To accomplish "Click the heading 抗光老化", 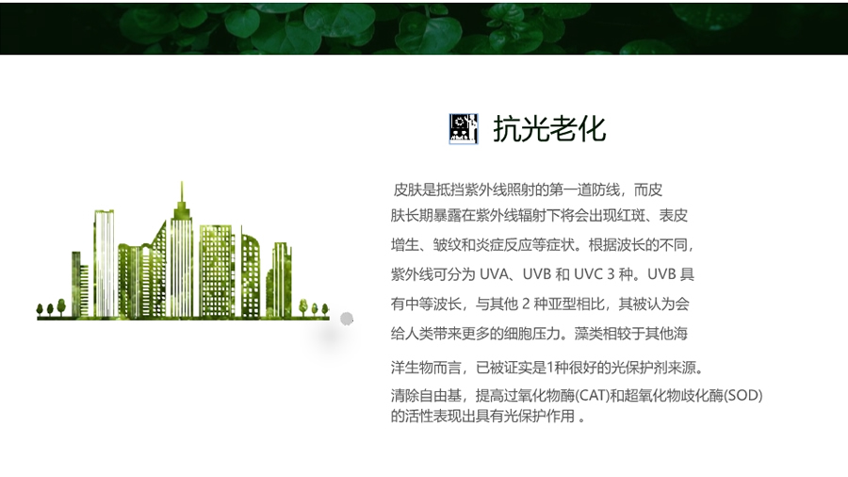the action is [x=549, y=129].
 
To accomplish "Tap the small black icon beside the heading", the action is [x=464, y=129].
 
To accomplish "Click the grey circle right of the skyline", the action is [x=347, y=319].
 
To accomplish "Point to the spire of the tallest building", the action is [x=182, y=193].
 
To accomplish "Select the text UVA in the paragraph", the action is [x=493, y=274].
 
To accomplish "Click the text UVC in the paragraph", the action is [x=588, y=274].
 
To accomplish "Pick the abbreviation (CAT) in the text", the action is [x=592, y=395].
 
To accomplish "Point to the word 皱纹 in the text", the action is [x=448, y=245].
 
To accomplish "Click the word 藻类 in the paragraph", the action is [x=588, y=333].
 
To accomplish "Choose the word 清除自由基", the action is [x=426, y=395].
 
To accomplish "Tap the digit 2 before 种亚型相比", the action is [x=525, y=304].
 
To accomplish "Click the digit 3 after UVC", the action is [x=611, y=274].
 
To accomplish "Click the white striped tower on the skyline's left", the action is [x=105, y=263].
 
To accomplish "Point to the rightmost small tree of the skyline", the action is [x=325, y=309].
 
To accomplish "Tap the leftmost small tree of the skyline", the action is [x=40, y=309].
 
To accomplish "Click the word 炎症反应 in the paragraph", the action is [x=503, y=245].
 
